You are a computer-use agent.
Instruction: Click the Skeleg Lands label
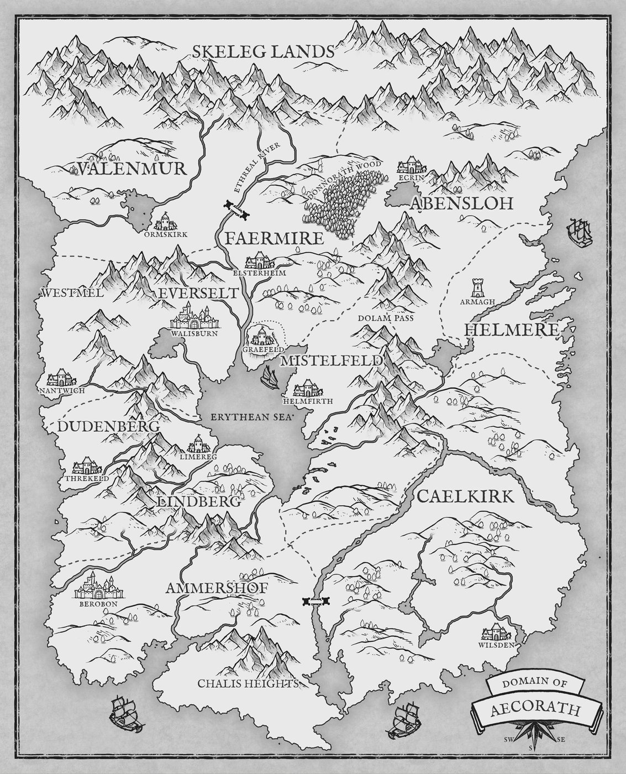point(264,52)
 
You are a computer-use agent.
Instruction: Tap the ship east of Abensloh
point(579,231)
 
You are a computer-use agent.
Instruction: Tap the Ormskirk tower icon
point(165,222)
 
